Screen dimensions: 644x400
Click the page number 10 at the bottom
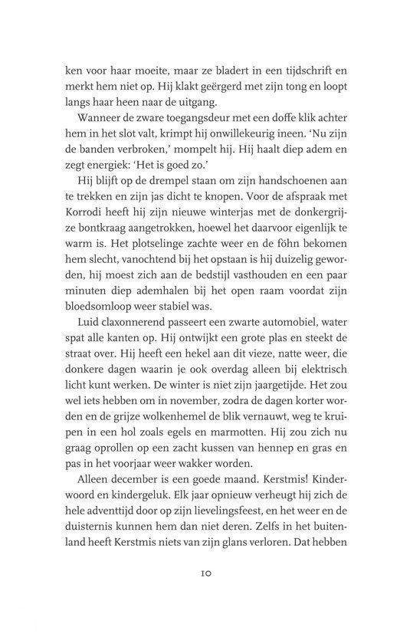200,593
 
